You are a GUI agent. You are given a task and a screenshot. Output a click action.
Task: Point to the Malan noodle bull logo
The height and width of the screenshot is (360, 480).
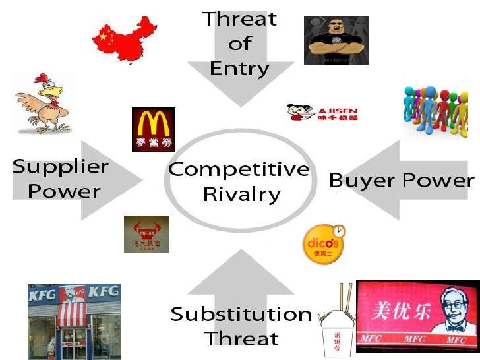pyautogui.click(x=146, y=233)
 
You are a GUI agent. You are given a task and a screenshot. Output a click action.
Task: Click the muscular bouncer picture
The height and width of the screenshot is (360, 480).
pyautogui.click(x=336, y=40)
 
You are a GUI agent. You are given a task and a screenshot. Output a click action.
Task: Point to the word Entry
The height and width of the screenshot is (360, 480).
pyautogui.click(x=239, y=68)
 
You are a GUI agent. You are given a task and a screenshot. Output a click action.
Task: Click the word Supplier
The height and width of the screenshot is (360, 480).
pyautogui.click(x=60, y=166)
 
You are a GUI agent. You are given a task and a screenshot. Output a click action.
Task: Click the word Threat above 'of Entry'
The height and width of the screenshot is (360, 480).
pyautogui.click(x=239, y=18)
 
